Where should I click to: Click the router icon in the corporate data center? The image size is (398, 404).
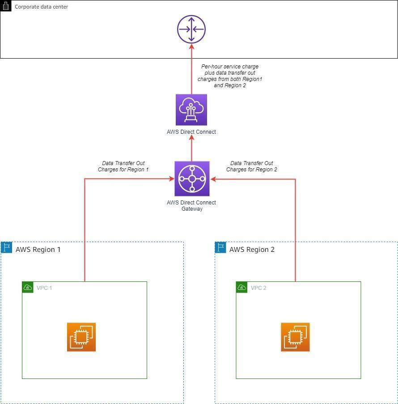point(191,30)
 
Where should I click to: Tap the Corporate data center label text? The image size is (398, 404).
point(42,7)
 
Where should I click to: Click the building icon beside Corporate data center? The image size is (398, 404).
point(6,6)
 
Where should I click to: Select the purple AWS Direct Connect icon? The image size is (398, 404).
point(191,110)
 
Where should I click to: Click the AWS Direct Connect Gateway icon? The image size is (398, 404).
point(192,179)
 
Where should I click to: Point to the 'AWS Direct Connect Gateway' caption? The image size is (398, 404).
point(191,206)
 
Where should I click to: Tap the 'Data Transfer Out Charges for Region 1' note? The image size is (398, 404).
point(123,166)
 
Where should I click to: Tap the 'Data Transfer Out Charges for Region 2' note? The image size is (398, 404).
point(251,166)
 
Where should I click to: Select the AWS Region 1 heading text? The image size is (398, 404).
point(38,250)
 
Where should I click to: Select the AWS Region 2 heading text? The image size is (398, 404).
point(252,250)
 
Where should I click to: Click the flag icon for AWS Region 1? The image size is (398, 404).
point(7,247)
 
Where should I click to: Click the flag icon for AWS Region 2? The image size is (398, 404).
point(220,247)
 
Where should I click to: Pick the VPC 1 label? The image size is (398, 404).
point(44,288)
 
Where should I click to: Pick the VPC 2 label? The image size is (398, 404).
point(258,288)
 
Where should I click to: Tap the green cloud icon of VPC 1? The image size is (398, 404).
point(28,287)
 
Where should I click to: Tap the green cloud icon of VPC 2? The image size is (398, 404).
point(241,287)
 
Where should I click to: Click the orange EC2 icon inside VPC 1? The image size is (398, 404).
point(81,337)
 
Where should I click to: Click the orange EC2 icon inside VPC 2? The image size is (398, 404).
point(295,337)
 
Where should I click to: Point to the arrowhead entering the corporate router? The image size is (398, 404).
point(191,48)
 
